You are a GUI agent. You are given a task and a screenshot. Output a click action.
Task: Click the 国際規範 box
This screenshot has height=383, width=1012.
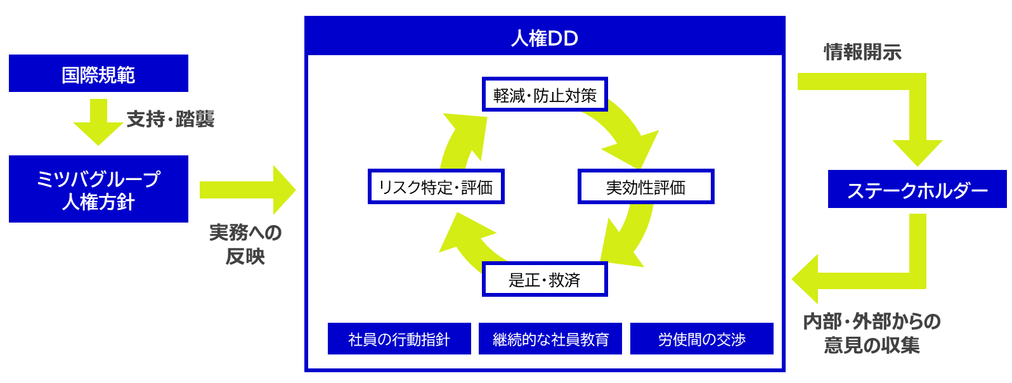tap(98, 74)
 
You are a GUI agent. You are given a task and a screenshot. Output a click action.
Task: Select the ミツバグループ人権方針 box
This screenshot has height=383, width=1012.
tap(98, 189)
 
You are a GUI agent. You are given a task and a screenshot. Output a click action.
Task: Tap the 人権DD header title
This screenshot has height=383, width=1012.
tap(545, 38)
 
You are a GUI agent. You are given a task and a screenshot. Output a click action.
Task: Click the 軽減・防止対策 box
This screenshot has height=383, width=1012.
tap(545, 94)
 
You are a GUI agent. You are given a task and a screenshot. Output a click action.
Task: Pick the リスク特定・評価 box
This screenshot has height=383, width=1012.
tap(436, 186)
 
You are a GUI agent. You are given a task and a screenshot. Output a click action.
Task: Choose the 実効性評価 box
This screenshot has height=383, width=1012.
tap(645, 186)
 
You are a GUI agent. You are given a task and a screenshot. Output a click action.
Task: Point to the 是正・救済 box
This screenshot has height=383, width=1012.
tap(545, 279)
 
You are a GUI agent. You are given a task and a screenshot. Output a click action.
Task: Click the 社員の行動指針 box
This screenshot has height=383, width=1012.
tap(399, 339)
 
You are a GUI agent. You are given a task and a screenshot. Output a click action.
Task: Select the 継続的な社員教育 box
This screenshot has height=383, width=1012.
tap(550, 339)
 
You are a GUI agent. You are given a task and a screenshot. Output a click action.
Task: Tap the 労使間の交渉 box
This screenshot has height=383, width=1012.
tap(701, 339)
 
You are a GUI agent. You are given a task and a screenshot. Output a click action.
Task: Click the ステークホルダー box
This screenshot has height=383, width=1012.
tap(917, 189)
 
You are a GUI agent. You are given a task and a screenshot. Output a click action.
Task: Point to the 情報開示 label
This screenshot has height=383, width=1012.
tap(862, 52)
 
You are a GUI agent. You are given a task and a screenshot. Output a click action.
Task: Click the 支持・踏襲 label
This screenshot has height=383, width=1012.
tap(171, 119)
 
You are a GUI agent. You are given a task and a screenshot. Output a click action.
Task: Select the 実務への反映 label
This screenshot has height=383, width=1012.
tap(245, 244)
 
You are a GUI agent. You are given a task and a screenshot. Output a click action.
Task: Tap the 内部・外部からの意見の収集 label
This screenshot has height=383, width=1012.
tap(872, 333)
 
